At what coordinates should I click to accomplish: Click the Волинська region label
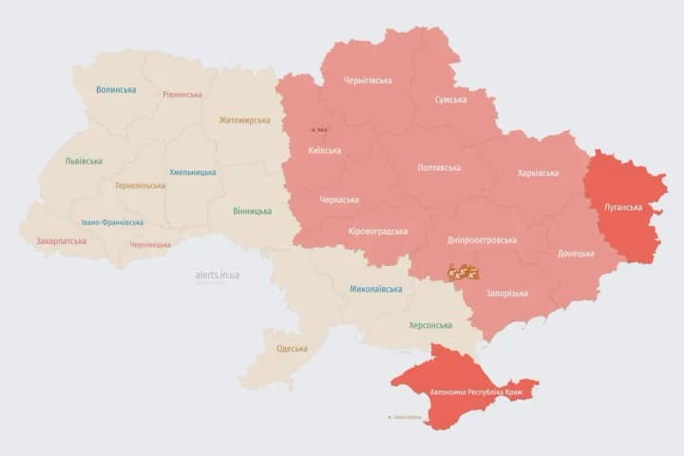click(x=116, y=89)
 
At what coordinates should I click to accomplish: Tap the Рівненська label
click(x=181, y=94)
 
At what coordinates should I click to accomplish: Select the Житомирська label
click(x=244, y=120)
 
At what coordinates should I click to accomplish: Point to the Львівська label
click(x=84, y=161)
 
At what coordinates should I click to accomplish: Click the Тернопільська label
click(x=140, y=185)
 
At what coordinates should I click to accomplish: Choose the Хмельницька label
click(x=192, y=172)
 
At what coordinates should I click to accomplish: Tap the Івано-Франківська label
click(x=112, y=221)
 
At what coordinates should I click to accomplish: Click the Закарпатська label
click(x=61, y=240)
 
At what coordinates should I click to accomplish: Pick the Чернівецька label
click(x=150, y=244)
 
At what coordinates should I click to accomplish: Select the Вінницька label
click(x=252, y=211)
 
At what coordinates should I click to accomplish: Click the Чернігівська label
click(x=367, y=80)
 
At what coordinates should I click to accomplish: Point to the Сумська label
click(x=450, y=99)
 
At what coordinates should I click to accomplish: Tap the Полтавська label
click(x=439, y=167)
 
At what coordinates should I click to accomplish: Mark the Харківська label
click(x=538, y=173)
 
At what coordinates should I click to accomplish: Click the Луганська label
click(x=623, y=206)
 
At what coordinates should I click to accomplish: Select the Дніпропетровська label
click(x=482, y=239)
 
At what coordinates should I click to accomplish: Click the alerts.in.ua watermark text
click(x=218, y=275)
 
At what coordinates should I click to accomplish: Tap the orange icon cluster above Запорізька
click(x=464, y=272)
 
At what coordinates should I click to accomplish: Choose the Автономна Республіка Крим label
click(x=468, y=391)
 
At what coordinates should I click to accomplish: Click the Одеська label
click(x=292, y=348)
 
